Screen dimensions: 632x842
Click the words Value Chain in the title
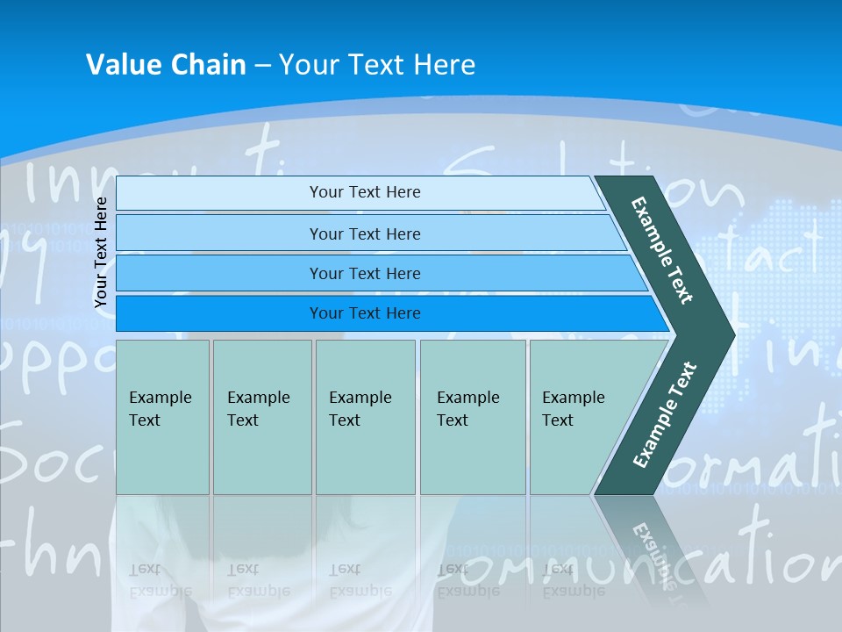(166, 65)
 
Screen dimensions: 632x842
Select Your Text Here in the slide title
(377, 65)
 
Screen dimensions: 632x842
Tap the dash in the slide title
(262, 66)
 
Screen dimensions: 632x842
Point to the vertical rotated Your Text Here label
(102, 252)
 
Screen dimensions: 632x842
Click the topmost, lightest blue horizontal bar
(364, 192)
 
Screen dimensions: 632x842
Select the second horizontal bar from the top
(364, 233)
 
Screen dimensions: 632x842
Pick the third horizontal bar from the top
(364, 273)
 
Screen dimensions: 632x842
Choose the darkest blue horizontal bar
(364, 313)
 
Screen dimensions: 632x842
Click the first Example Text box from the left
(162, 416)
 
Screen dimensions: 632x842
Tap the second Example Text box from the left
(261, 416)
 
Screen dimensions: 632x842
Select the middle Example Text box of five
(365, 416)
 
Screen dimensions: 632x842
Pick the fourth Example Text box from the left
(472, 416)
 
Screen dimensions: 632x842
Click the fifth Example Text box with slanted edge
(579, 416)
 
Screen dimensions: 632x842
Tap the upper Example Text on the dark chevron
(663, 250)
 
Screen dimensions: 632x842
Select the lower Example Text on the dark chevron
(664, 415)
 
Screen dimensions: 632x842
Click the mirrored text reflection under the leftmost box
(161, 580)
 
